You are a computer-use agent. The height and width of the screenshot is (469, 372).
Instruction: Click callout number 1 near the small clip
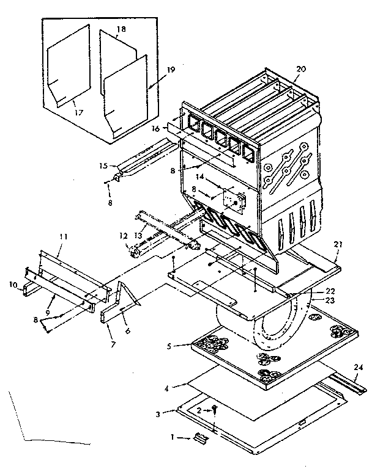tap(173, 437)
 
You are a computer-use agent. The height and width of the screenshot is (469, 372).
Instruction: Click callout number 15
tap(104, 164)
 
